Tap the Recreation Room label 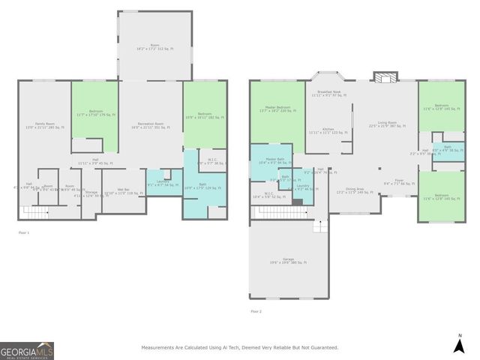tap(151, 125)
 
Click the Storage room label tap(91, 193)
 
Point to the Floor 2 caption tap(257, 310)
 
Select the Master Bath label tap(271, 160)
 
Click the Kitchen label tap(328, 130)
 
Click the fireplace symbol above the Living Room tap(386, 77)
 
